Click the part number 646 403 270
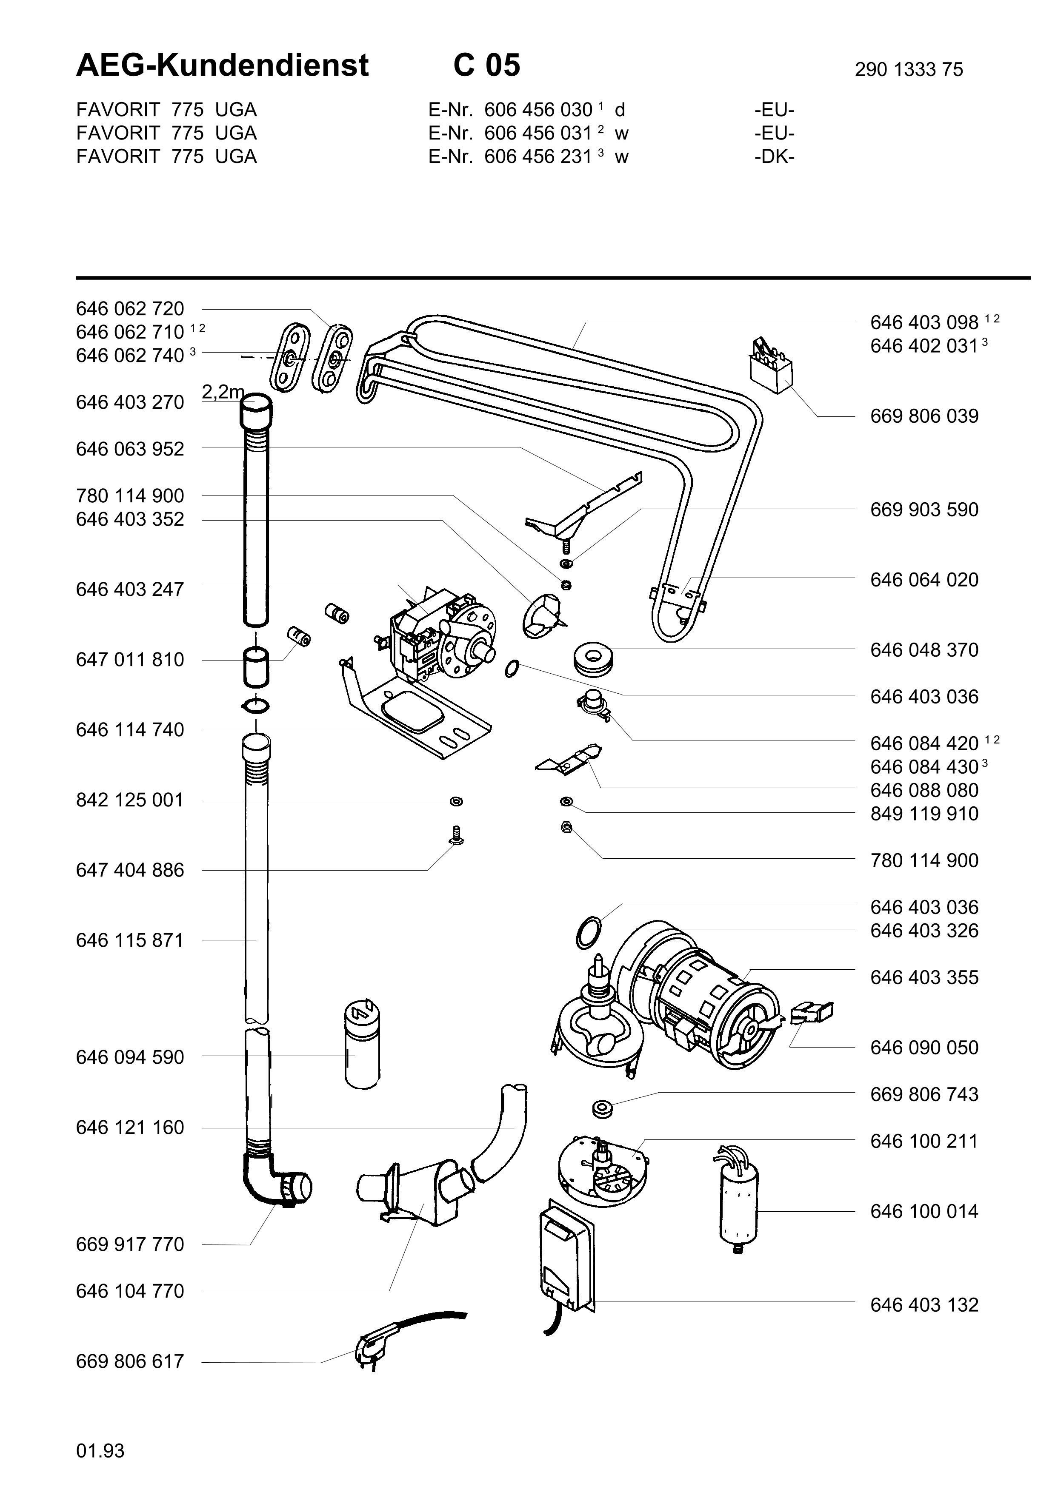130,403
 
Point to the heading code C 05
486,65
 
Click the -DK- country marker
774,157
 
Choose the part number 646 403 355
923,977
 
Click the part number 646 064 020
923,580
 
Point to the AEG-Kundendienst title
222,65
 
